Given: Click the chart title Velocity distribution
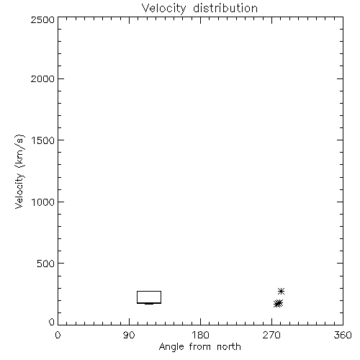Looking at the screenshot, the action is tap(199, 9).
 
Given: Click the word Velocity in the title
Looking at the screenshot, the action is tap(163, 9).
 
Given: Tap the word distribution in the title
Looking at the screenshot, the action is tap(225, 8).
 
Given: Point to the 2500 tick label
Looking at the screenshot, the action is tap(42, 19).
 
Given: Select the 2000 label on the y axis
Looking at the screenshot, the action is tap(42, 78).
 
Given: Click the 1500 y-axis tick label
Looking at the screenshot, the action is tap(42, 140).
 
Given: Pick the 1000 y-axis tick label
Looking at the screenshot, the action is tap(42, 202).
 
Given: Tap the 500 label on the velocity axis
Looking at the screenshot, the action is tap(46, 264).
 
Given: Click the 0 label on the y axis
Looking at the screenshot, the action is tap(52, 322).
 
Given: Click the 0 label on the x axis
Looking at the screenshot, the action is tap(58, 335).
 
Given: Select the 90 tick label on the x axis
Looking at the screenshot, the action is tap(129, 335).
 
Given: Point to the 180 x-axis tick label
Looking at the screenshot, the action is tap(200, 335).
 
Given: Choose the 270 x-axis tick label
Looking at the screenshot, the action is tap(271, 335).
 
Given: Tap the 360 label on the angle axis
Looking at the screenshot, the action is tap(343, 335).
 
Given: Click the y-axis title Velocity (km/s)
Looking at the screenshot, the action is tap(19, 171).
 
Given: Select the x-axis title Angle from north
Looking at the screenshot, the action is tap(200, 347).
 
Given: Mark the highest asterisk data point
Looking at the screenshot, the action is tap(281, 291).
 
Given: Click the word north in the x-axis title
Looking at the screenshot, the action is tap(229, 346).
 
